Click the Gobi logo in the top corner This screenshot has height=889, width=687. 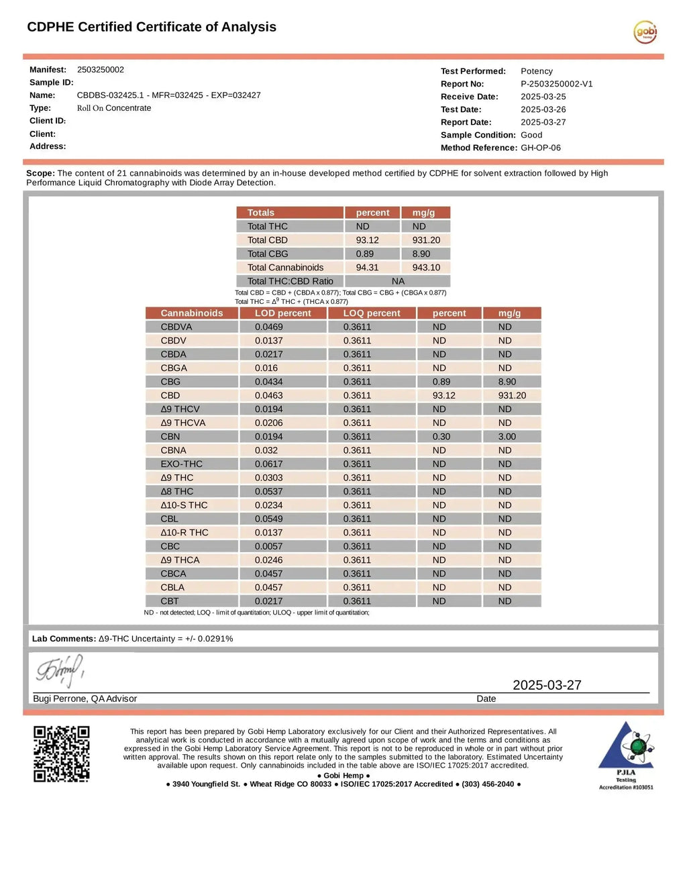[x=645, y=32]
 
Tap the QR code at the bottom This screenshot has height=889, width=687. [x=62, y=753]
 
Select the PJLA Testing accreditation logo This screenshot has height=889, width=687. [x=626, y=755]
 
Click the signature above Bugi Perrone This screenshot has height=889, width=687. [x=60, y=670]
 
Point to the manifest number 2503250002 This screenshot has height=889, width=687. [x=101, y=70]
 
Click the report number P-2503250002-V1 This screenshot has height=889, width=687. [x=557, y=84]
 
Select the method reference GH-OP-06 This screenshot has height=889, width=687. [x=541, y=148]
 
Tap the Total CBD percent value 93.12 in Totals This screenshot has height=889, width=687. [x=367, y=240]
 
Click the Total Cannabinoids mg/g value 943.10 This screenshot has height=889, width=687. [x=426, y=268]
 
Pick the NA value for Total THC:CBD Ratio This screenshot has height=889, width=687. [x=398, y=281]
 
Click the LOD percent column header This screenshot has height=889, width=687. [x=282, y=313]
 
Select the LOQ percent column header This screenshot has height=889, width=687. [x=372, y=313]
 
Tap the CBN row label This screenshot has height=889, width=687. [x=170, y=437]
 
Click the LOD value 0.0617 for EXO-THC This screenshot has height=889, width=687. [x=269, y=464]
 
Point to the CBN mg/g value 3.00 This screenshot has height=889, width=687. [x=507, y=437]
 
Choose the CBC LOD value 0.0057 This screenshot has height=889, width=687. [x=269, y=546]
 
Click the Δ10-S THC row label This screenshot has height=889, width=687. [x=184, y=505]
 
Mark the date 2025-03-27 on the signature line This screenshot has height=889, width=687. [x=547, y=685]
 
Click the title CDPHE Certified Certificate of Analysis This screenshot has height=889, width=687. [x=152, y=27]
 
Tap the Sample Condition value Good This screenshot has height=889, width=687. [x=531, y=135]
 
